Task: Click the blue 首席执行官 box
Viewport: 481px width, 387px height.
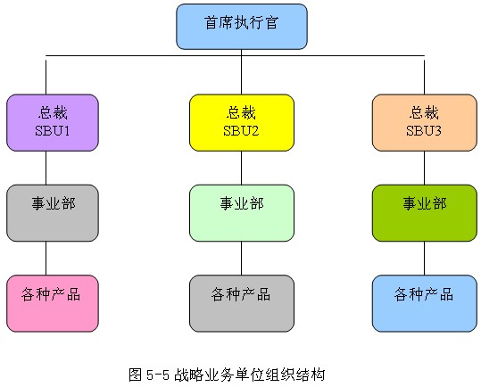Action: point(242,27)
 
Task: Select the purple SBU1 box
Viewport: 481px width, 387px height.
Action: point(53,122)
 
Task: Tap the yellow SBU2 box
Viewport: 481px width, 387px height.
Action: point(242,122)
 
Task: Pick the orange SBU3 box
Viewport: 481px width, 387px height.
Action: point(425,122)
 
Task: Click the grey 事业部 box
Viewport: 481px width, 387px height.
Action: point(53,213)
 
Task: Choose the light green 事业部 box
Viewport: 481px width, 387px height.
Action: point(242,213)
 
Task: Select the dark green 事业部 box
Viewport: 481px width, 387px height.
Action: point(425,213)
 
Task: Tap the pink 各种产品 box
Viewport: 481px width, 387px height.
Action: point(53,303)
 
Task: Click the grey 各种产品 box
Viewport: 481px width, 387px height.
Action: point(242,303)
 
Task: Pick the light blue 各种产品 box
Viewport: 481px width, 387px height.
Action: point(425,303)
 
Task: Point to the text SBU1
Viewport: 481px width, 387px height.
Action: point(53,131)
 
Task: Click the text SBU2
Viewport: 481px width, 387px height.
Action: point(241,131)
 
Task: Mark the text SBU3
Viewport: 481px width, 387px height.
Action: point(424,131)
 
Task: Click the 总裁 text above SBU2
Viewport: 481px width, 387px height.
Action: point(241,112)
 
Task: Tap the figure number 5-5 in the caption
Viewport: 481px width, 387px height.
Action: point(158,375)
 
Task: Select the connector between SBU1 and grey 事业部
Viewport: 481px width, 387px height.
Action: point(46,168)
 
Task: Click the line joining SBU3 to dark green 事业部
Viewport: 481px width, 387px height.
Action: point(424,168)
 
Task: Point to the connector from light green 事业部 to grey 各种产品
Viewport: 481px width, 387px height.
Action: point(242,259)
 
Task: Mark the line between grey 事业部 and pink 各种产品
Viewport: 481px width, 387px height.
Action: point(46,259)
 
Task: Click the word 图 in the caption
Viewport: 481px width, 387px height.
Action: point(136,375)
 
